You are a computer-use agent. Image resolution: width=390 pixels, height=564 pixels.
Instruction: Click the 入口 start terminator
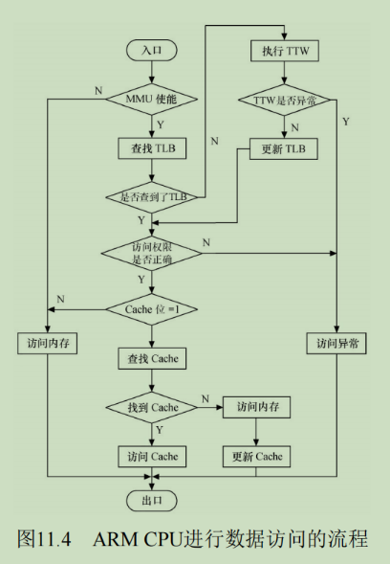click(152, 50)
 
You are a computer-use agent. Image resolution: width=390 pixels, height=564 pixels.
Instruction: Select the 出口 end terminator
click(152, 501)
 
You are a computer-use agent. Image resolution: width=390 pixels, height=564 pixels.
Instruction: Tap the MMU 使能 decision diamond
click(152, 99)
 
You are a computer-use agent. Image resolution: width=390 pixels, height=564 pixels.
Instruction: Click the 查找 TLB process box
click(152, 148)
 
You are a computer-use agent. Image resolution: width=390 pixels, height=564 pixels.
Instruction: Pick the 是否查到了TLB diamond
click(152, 197)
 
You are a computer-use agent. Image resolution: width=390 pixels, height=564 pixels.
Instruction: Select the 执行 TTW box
click(285, 51)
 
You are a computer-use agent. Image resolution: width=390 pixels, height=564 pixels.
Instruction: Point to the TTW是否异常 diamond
click(285, 100)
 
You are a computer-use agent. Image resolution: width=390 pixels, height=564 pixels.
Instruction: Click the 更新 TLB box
click(284, 149)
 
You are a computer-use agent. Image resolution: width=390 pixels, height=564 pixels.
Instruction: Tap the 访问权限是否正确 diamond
click(152, 253)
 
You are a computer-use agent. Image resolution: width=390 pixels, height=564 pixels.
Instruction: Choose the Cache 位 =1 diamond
click(152, 309)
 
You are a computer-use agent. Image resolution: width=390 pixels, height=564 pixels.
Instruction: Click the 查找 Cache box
click(152, 359)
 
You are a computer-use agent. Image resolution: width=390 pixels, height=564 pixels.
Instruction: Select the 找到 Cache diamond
click(152, 408)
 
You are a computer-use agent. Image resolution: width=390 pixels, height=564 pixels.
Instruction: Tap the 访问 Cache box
click(152, 457)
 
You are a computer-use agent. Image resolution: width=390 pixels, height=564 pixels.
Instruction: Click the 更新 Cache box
click(256, 457)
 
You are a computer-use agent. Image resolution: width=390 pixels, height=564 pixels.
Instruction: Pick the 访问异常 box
click(336, 344)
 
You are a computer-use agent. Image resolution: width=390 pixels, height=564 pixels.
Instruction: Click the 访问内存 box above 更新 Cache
click(256, 407)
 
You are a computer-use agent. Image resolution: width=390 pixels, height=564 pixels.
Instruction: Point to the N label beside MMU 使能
click(98, 91)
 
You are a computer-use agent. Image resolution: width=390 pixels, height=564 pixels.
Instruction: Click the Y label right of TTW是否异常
click(345, 122)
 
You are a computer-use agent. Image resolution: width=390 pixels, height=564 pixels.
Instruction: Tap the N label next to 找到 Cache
click(206, 399)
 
